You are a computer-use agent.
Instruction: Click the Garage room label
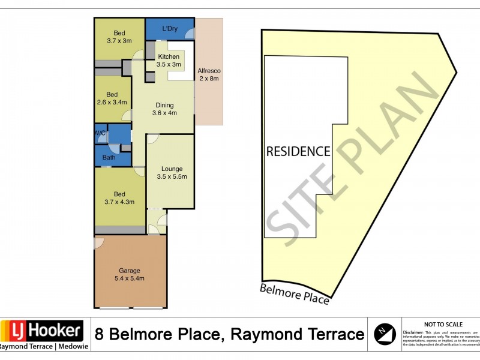click(x=130, y=274)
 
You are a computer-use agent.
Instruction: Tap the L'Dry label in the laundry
click(x=170, y=28)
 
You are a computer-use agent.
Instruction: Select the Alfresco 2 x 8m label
click(x=209, y=74)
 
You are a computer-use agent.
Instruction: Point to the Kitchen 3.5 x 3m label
click(x=169, y=60)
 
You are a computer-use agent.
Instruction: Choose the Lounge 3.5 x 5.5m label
click(x=171, y=173)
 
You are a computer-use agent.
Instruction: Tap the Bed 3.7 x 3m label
click(x=120, y=37)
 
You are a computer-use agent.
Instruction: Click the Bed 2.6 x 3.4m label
click(x=112, y=98)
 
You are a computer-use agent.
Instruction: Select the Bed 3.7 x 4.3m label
click(x=120, y=198)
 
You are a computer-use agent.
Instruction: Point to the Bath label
click(x=109, y=158)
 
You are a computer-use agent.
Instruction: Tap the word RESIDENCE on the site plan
click(x=298, y=151)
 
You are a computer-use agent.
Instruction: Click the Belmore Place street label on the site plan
click(x=295, y=294)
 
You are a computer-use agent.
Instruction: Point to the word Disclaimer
click(x=413, y=332)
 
